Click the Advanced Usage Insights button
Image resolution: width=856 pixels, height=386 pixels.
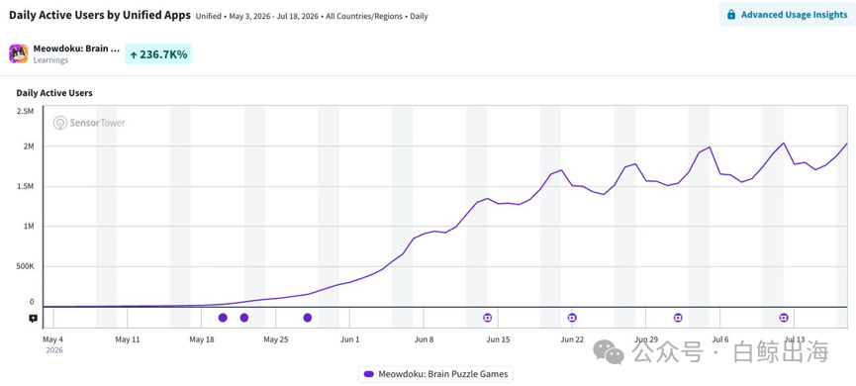[787, 15]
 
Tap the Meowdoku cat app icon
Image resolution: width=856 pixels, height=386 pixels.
[19, 53]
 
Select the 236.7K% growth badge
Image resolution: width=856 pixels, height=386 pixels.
[158, 54]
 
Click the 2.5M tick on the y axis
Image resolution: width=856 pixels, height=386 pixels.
[25, 112]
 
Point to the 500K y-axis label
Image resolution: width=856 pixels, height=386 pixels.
[24, 266]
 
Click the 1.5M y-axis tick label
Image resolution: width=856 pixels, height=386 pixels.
[25, 186]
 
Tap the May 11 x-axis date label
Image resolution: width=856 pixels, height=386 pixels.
[128, 339]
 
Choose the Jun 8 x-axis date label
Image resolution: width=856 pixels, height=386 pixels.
[425, 339]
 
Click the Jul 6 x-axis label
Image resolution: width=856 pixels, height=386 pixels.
[720, 339]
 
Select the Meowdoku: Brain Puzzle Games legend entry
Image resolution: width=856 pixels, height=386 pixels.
[435, 374]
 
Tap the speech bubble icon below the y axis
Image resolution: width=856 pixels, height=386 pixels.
[34, 318]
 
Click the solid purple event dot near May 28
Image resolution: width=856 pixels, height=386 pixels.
[308, 318]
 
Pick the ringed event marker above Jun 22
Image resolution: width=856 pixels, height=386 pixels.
[572, 318]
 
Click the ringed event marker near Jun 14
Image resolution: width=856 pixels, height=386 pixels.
[488, 318]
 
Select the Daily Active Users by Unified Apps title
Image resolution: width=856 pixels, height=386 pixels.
[100, 15]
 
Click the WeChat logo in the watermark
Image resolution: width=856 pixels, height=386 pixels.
[609, 352]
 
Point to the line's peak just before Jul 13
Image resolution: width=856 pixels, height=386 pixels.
[784, 144]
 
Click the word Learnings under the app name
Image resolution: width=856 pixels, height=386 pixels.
[50, 60]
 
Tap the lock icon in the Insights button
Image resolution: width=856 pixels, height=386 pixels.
[731, 15]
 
